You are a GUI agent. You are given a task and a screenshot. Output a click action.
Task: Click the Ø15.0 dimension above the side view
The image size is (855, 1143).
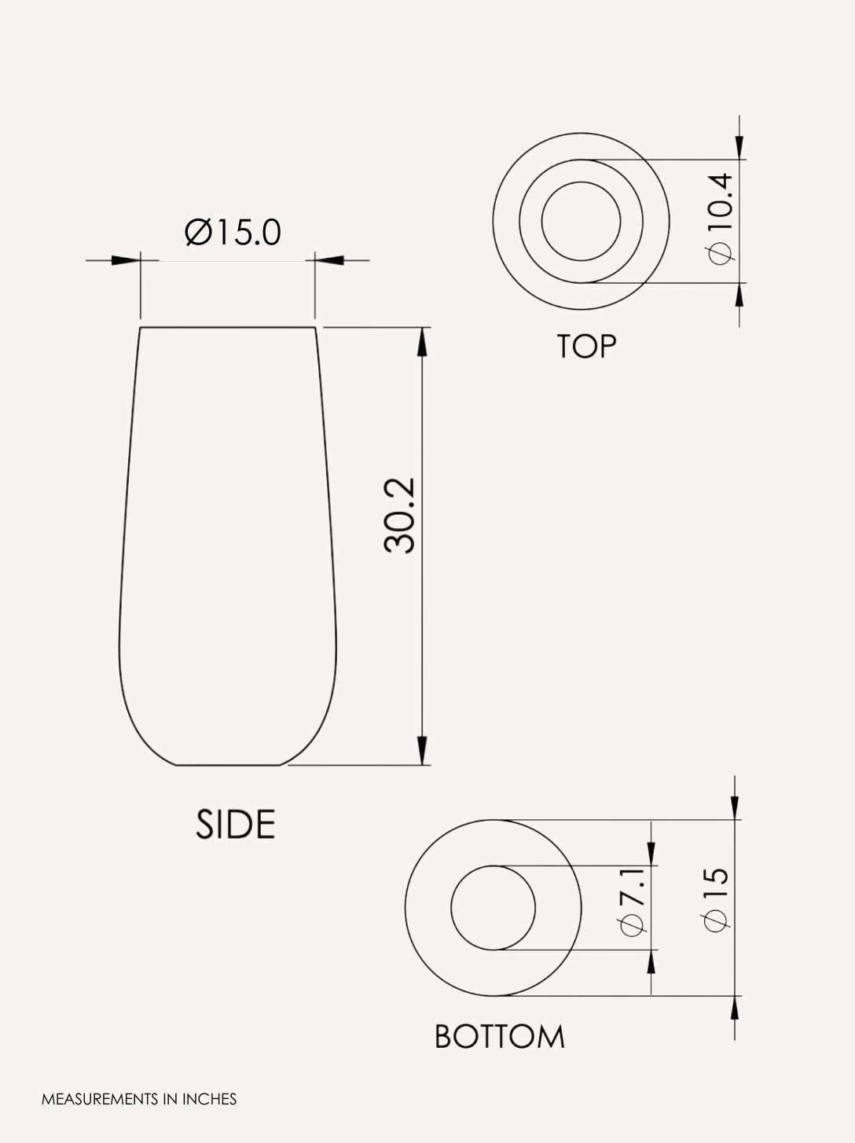[x=233, y=232]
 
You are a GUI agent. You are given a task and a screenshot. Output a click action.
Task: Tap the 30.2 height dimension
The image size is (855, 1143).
[x=400, y=515]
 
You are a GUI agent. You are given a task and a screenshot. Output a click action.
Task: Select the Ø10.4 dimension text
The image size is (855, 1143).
[x=719, y=219]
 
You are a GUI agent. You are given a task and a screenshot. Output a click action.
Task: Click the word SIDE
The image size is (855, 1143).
[x=235, y=825]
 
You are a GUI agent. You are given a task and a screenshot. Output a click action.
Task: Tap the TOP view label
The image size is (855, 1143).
[x=586, y=347]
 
